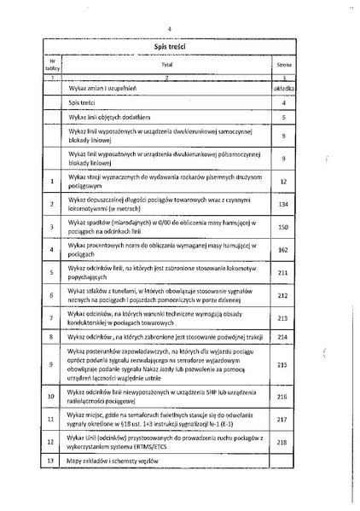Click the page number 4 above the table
pyautogui.click(x=171, y=29)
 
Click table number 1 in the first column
pyautogui.click(x=52, y=181)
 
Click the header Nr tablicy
pyautogui.click(x=52, y=63)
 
